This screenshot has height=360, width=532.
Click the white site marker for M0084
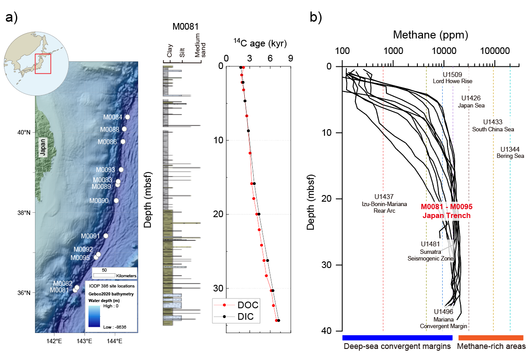(x=127, y=117)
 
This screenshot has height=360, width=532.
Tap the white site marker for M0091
(x=106, y=236)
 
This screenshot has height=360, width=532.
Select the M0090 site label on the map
(x=99, y=201)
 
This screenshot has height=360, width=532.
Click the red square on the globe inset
(x=43, y=64)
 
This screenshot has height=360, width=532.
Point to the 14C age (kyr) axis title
(x=260, y=43)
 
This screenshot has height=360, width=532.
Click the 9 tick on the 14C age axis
(x=291, y=57)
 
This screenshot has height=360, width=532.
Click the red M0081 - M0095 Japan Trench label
(x=446, y=211)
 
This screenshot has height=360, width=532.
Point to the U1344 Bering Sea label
(x=512, y=153)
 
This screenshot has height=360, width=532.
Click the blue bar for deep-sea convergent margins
(x=397, y=338)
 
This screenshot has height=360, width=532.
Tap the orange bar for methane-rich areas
(x=490, y=338)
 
